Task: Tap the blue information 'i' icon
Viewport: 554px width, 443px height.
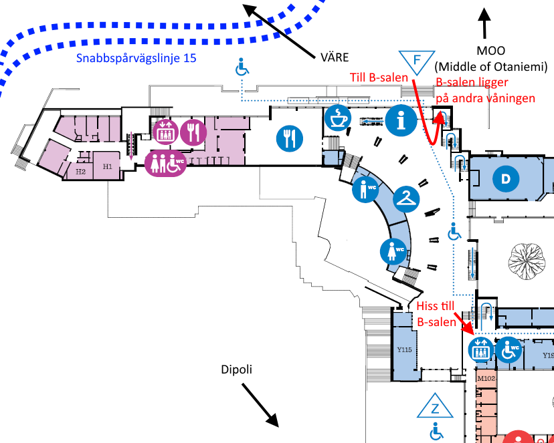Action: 401,120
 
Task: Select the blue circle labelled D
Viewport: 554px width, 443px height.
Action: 506,178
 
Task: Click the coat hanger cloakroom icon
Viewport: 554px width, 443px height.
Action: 406,198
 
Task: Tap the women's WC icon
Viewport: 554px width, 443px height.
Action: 393,251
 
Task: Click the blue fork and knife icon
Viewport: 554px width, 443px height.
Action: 290,138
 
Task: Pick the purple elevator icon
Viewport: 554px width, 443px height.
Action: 165,132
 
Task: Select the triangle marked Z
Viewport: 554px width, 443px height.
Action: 436,407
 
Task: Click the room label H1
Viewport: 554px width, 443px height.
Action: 106,165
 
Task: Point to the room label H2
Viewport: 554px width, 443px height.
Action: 80,172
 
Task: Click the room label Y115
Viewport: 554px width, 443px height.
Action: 403,349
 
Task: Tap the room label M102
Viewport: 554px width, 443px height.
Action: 485,379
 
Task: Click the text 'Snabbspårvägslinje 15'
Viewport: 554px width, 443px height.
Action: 136,58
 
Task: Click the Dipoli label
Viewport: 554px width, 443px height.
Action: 239,370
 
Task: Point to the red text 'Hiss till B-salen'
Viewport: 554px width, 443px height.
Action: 436,313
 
